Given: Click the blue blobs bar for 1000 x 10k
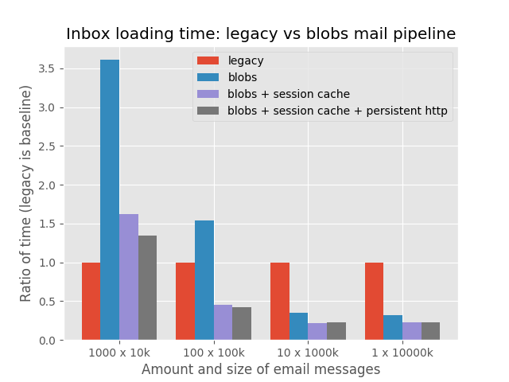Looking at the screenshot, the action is (110, 200).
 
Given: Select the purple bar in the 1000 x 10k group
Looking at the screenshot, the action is (129, 277).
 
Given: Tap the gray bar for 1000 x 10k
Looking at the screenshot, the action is (147, 288).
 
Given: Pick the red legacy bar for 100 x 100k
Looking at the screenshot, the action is (185, 302).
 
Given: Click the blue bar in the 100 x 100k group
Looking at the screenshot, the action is (204, 280).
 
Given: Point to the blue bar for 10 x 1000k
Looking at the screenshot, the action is (299, 326).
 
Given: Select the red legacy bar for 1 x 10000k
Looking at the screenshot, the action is (375, 302).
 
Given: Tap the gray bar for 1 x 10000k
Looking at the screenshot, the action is (431, 331).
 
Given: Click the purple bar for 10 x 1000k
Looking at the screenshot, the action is (317, 332).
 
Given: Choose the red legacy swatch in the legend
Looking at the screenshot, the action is (208, 60).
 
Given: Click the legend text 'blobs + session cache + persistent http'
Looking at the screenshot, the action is (337, 111).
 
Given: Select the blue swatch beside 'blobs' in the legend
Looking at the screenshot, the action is (208, 77).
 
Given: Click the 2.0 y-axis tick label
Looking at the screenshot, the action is (47, 185).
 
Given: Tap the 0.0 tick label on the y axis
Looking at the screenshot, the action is (47, 341).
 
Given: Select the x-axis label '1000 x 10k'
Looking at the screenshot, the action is (119, 353).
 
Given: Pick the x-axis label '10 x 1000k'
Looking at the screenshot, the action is (308, 353).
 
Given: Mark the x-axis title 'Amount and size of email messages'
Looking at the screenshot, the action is (261, 369).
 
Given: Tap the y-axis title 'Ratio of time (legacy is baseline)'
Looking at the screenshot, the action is (25, 193).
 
